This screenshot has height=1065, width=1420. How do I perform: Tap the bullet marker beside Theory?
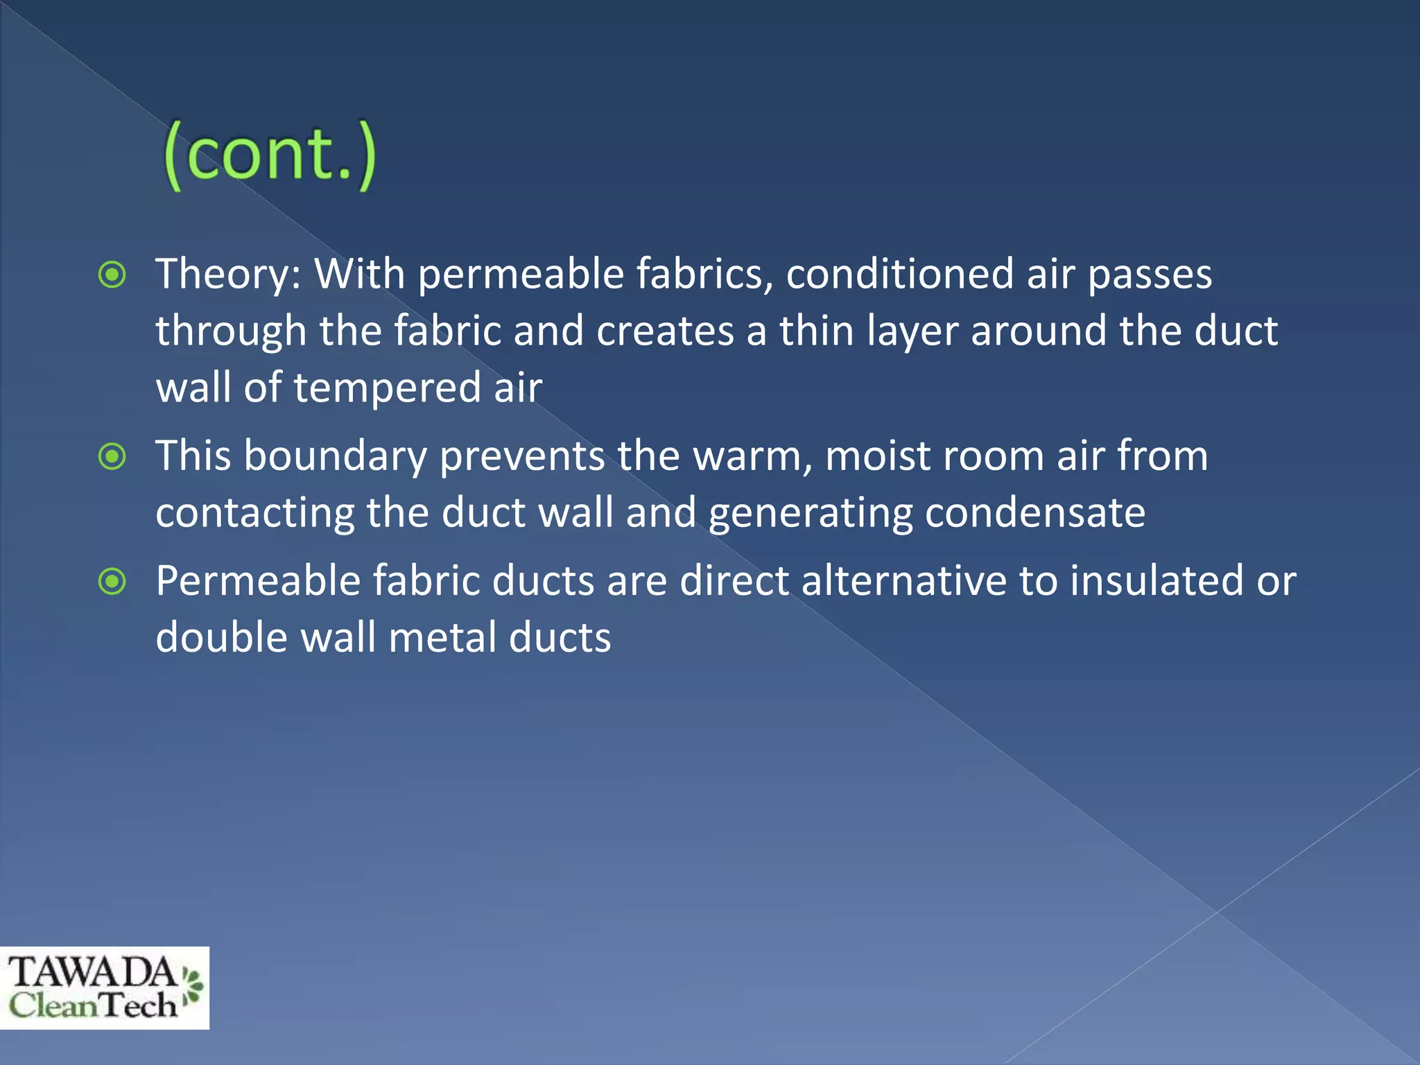pos(112,275)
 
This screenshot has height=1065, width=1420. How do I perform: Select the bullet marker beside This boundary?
pos(112,457)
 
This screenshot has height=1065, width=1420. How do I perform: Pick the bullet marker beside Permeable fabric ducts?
pos(112,582)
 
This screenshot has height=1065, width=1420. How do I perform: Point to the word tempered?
pos(387,388)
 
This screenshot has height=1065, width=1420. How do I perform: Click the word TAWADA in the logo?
pos(92,972)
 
